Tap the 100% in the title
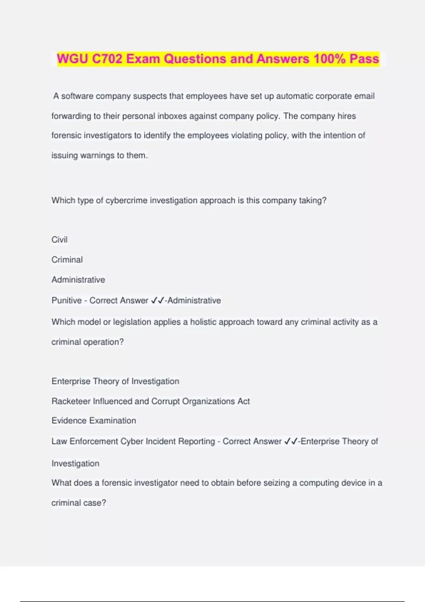coord(329,59)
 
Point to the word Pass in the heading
coord(364,59)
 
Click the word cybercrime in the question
coord(126,200)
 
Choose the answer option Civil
coord(59,240)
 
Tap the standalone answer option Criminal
coord(67,260)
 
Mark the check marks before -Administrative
coord(158,301)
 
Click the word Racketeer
coord(71,401)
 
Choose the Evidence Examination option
coord(94,421)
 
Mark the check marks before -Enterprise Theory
coord(291,442)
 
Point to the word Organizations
coord(211,401)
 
